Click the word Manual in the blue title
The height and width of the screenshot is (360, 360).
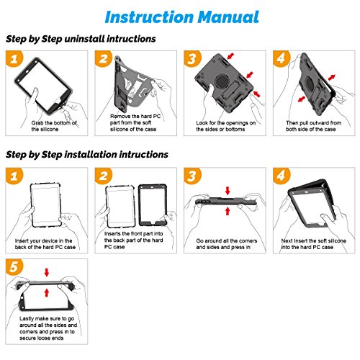229,17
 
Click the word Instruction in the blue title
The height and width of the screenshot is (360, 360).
149,17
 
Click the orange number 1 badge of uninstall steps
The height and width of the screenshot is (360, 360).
14,58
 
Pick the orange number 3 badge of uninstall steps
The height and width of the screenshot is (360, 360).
193,58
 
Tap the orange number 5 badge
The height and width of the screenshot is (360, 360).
14,267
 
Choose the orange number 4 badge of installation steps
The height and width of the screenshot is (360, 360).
282,176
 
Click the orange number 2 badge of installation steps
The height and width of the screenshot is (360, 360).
104,176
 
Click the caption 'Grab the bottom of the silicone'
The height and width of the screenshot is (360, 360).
54,126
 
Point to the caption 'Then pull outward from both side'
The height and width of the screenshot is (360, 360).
313,126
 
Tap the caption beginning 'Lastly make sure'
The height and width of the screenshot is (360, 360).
48,328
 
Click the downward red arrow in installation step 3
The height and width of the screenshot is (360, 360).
228,191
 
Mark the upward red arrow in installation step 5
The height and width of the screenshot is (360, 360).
47,292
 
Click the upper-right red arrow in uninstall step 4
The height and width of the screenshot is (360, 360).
331,77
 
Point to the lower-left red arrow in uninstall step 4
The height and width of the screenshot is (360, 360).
302,99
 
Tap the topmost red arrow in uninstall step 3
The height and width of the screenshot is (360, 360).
230,56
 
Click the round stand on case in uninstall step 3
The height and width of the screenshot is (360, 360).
222,81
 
